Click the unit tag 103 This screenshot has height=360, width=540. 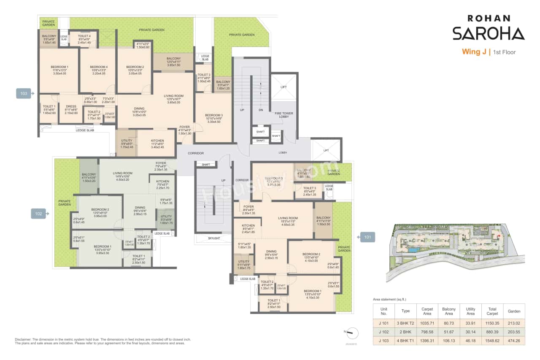click(24, 93)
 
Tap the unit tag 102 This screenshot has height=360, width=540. click(38, 214)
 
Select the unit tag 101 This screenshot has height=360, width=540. click(367, 237)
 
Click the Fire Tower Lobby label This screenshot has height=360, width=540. click(284, 115)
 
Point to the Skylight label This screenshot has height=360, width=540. click(214, 238)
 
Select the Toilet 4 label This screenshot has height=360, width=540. click(84, 36)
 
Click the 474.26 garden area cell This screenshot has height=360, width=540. click(513, 340)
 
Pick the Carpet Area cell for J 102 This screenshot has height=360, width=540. click(427, 332)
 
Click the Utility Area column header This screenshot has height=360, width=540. click(470, 311)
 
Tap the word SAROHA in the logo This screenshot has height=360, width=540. click(488, 33)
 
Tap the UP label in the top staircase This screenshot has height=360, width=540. click(242, 109)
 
